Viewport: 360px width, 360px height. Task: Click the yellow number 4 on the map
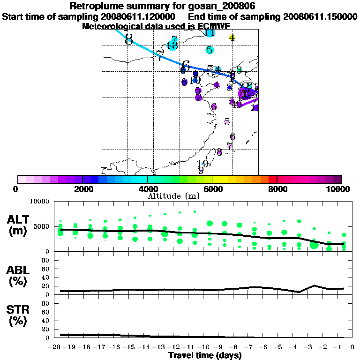(x=232, y=37)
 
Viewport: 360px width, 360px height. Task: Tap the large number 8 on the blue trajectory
(x=129, y=39)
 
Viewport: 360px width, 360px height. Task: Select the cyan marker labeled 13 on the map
(x=172, y=45)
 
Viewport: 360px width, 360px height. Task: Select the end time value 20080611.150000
(x=320, y=17)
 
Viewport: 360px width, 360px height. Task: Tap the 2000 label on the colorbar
(x=82, y=189)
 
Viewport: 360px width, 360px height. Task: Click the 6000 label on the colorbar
(x=212, y=189)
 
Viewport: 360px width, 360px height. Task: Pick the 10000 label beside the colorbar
(x=340, y=189)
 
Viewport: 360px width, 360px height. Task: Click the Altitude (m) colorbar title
(x=173, y=195)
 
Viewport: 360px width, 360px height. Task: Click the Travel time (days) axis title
(x=205, y=355)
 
